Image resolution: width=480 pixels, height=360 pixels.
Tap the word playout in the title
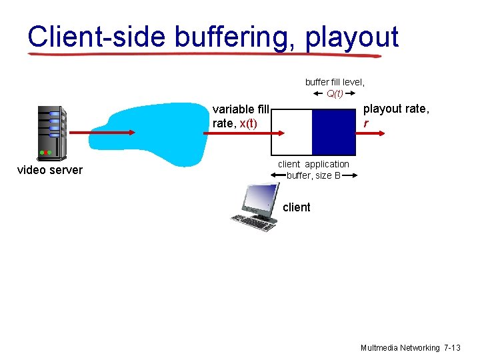pos(351,37)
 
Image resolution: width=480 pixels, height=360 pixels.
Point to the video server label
pos(50,170)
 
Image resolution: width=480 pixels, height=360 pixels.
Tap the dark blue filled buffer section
pos(335,132)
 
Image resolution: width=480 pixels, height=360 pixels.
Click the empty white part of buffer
pos(292,132)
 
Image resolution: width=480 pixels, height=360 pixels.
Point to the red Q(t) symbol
pos(335,93)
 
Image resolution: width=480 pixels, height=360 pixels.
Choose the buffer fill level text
pos(335,82)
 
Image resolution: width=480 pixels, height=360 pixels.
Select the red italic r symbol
pos(365,123)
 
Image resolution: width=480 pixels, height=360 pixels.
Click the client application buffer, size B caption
pos(313,170)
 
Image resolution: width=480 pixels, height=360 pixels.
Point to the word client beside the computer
pos(296,207)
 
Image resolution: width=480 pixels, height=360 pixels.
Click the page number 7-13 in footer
pos(451,348)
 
